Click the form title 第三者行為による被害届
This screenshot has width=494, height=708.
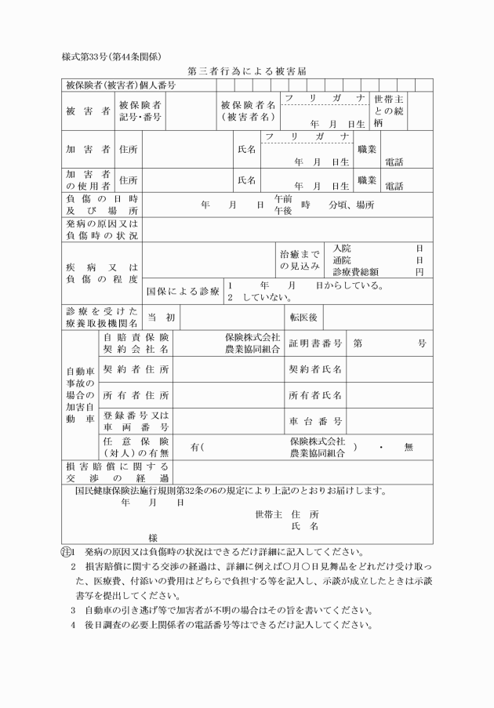pos(246,71)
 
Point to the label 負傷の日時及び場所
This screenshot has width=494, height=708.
pos(101,205)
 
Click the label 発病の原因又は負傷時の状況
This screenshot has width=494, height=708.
pos(101,230)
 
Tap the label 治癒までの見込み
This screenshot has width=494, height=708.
pos(300,260)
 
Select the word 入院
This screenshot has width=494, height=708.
pos(342,249)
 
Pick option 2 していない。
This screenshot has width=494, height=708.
pos(260,298)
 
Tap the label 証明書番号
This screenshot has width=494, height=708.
pos(315,343)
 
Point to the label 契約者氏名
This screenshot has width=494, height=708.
pos(315,369)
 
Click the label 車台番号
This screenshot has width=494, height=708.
pos(315,421)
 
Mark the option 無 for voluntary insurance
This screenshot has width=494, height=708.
pos(408,447)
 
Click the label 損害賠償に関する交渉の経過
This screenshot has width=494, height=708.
pos(101,472)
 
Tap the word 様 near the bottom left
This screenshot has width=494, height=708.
pos(153,538)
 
